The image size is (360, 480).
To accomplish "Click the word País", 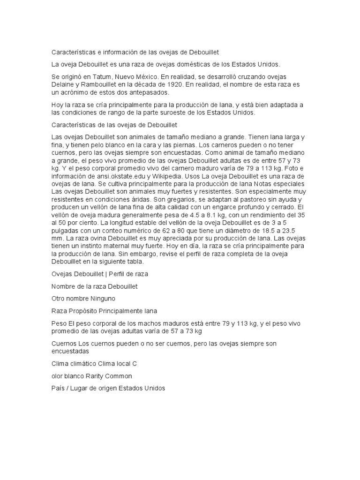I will [x=58, y=388].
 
